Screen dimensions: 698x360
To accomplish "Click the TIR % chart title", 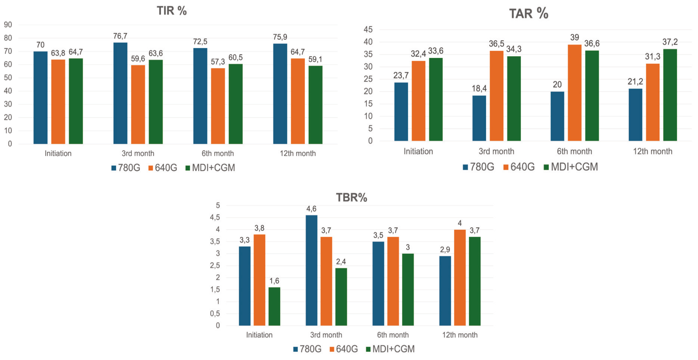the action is [x=171, y=11].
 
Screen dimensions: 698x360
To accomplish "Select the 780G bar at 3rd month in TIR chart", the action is [x=120, y=93].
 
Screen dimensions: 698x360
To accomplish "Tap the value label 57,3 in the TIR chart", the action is [x=218, y=62].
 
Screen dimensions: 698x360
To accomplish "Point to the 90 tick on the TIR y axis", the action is [x=8, y=25].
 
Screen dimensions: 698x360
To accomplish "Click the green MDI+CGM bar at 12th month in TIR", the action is [x=315, y=105].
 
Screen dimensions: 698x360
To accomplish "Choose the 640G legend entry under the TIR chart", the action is [x=163, y=168].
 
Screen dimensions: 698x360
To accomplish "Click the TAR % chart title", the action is [x=529, y=14].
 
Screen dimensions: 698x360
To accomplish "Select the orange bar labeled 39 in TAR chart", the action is [x=575, y=93].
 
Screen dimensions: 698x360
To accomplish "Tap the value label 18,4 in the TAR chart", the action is [x=479, y=88].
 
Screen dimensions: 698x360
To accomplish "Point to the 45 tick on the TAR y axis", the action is [x=368, y=30].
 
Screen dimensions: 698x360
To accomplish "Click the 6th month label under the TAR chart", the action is [x=575, y=152].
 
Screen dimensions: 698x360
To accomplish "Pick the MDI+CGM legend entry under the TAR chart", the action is [x=571, y=167].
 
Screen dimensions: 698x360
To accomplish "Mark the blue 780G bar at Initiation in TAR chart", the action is [x=401, y=112].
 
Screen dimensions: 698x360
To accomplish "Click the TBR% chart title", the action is [x=352, y=198].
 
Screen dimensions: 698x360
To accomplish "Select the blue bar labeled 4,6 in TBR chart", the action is [x=311, y=270].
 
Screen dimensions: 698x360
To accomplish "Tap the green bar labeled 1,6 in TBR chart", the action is [x=274, y=307].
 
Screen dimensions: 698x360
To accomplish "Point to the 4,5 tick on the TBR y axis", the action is [x=215, y=217].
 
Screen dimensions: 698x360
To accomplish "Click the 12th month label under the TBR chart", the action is [x=460, y=335].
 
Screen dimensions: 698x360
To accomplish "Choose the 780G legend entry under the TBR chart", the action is [x=307, y=349].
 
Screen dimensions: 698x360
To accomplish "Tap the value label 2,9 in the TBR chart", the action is [x=445, y=250].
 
